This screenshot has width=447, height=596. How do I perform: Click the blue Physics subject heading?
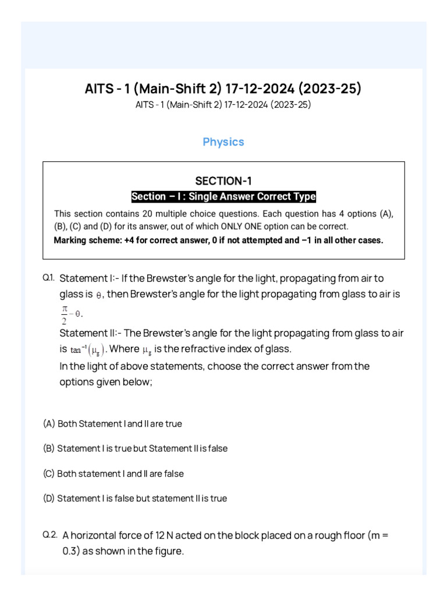223,142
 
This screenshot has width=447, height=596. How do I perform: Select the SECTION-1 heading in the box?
223,180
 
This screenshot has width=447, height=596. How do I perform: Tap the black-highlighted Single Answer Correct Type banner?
223,197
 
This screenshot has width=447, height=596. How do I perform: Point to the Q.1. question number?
48,278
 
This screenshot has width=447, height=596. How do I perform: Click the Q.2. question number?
49,534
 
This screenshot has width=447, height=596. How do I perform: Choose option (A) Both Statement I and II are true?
112,424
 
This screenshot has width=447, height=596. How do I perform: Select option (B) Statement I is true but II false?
135,449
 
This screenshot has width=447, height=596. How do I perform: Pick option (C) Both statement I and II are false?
113,474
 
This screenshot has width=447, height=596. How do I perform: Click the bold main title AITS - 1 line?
223,89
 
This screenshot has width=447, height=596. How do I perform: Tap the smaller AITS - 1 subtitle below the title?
223,105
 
